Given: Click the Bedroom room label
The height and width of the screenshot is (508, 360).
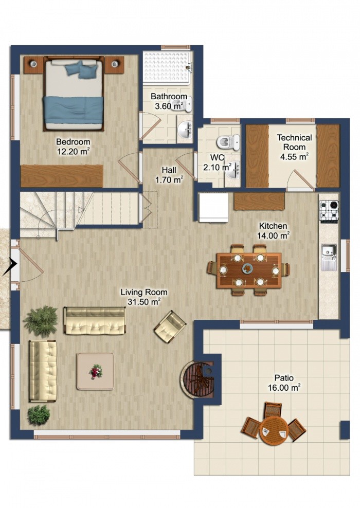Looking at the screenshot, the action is point(73,141).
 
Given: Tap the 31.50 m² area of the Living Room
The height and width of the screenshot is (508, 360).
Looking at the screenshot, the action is point(144,302).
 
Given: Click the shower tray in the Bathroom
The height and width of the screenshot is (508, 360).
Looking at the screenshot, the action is point(167,67).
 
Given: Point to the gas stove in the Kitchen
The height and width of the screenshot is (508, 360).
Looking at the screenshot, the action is point(329,211).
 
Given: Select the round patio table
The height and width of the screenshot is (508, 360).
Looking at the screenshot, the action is point(274,430).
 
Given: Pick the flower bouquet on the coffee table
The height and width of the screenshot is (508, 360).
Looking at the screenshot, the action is point(95,371).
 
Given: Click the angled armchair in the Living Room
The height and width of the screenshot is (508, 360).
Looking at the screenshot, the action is point(170,327).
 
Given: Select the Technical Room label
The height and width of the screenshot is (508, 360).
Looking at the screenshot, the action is point(294,142).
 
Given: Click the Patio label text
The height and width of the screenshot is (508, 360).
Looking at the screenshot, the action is point(284,377).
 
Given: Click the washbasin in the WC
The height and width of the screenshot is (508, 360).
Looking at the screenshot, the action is point(233,169).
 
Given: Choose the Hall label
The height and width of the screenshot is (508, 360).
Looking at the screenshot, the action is point(169,170).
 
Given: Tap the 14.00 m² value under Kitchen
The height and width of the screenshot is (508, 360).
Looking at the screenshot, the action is point(273,236).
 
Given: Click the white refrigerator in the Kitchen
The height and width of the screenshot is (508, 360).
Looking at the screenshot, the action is point(214,207).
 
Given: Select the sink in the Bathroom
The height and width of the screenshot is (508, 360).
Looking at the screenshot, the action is point(185,130).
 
